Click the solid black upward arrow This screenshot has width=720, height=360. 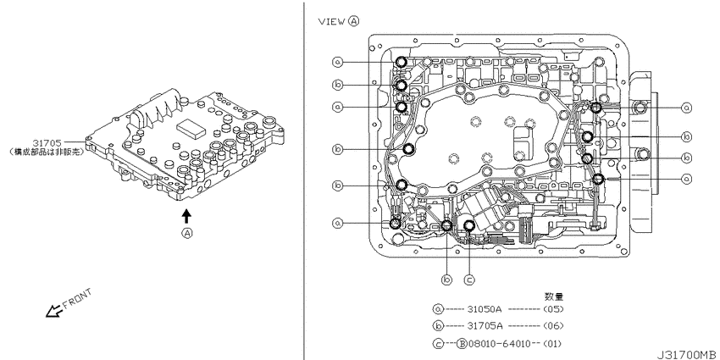click(186, 216)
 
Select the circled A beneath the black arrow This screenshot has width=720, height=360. click(186, 233)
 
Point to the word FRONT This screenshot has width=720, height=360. click(78, 299)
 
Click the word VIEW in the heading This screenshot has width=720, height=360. click(330, 22)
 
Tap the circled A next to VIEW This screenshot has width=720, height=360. click(353, 22)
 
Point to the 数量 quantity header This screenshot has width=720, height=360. click(554, 296)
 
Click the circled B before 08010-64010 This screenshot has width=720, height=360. click(462, 343)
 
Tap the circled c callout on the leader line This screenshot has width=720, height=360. click(469, 279)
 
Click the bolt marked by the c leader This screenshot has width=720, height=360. click(469, 225)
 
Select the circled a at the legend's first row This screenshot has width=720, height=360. click(438, 310)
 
